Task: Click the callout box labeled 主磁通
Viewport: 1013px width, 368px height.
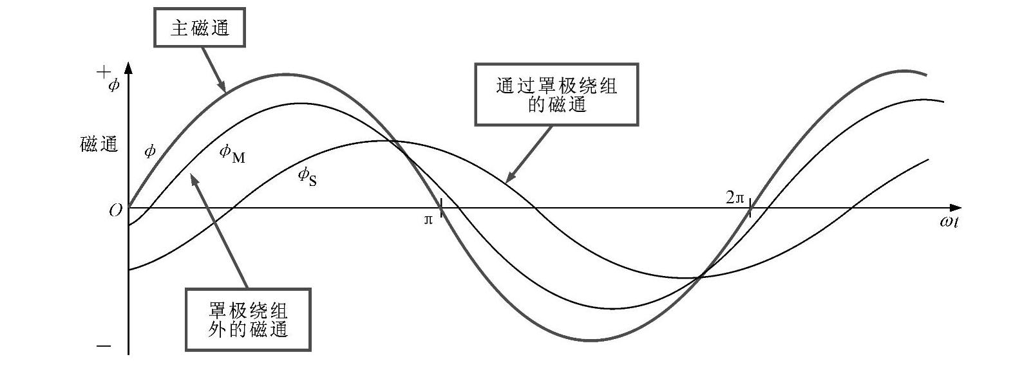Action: click(200, 28)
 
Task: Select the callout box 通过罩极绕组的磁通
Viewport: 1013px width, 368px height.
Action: click(556, 94)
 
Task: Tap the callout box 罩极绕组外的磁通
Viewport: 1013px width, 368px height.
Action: click(248, 319)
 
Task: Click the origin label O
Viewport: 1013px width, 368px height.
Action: click(115, 210)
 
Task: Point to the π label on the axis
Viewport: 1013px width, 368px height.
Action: click(428, 220)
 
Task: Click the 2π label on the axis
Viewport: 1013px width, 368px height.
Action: click(735, 198)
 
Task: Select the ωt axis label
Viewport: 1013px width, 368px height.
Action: click(949, 222)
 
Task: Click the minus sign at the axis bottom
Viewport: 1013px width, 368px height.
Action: click(104, 346)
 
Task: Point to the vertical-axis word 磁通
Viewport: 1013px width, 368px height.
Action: click(99, 144)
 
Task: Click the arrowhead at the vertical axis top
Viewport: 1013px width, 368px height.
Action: click(129, 66)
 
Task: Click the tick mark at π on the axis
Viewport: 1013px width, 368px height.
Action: click(440, 207)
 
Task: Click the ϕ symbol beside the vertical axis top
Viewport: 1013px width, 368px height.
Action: click(114, 84)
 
